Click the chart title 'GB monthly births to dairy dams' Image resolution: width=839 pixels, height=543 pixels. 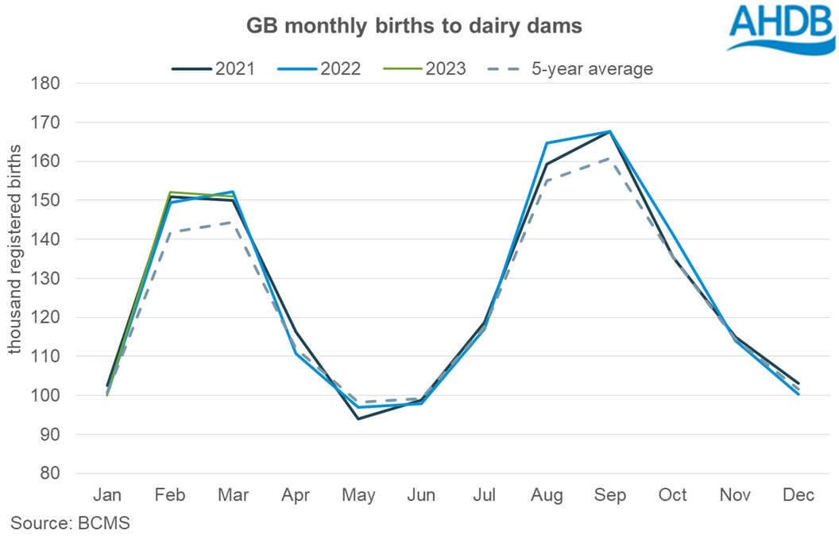[413, 26]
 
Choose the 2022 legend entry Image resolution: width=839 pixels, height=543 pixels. [319, 68]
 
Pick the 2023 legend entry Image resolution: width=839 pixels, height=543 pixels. [424, 68]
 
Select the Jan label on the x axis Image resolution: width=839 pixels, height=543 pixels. [107, 495]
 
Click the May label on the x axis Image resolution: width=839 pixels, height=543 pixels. [358, 495]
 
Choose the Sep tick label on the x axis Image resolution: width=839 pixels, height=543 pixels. [610, 495]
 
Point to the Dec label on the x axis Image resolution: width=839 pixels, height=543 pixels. [798, 495]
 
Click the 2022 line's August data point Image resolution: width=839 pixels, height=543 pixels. [547, 143]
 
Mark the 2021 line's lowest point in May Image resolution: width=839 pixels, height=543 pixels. [358, 419]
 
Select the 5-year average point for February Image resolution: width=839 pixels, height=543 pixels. [170, 232]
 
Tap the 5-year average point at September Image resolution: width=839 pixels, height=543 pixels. [610, 157]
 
